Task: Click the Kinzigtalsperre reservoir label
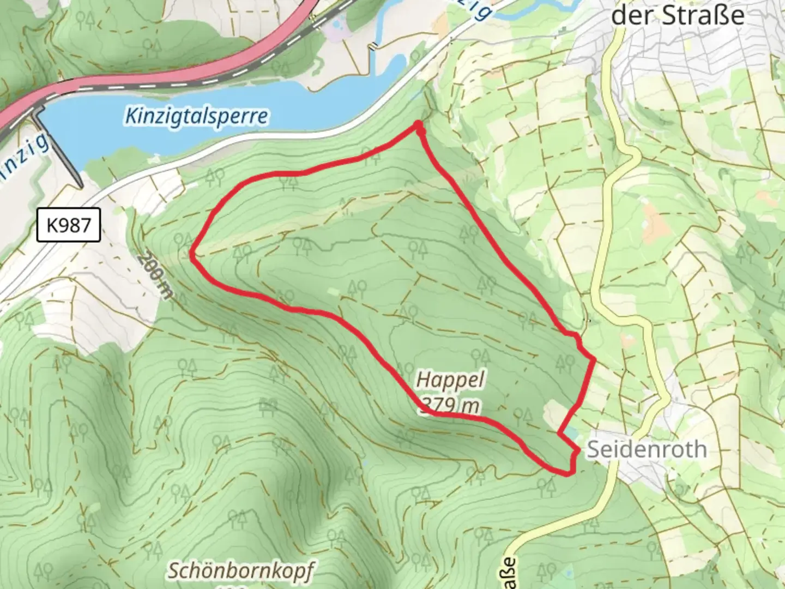pyautogui.click(x=196, y=116)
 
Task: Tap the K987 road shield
pyautogui.click(x=69, y=224)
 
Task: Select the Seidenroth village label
pyautogui.click(x=647, y=449)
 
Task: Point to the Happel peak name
pyautogui.click(x=450, y=379)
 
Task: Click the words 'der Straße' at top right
pyautogui.click(x=677, y=15)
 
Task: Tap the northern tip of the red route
pyautogui.click(x=419, y=125)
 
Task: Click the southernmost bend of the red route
pyautogui.click(x=568, y=473)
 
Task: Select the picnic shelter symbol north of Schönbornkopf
pyautogui.click(x=269, y=405)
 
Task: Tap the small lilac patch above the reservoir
pyautogui.click(x=337, y=32)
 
